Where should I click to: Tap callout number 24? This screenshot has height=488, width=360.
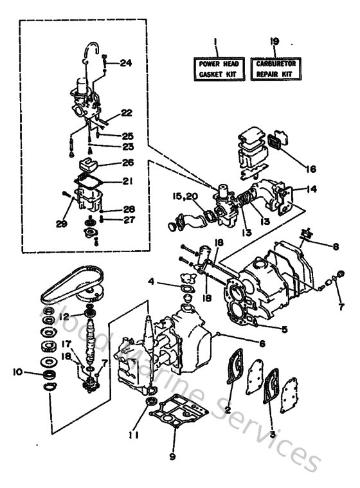point(125,63)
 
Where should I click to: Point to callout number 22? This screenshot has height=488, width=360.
point(125,113)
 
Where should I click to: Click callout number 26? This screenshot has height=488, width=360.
point(127,163)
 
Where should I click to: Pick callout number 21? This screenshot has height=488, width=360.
point(127,181)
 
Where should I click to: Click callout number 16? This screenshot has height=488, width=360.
point(310,170)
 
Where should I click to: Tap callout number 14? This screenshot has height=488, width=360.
point(311,190)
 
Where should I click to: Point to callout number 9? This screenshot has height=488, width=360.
point(172,458)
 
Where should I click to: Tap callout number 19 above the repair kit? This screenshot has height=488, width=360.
point(274,42)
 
